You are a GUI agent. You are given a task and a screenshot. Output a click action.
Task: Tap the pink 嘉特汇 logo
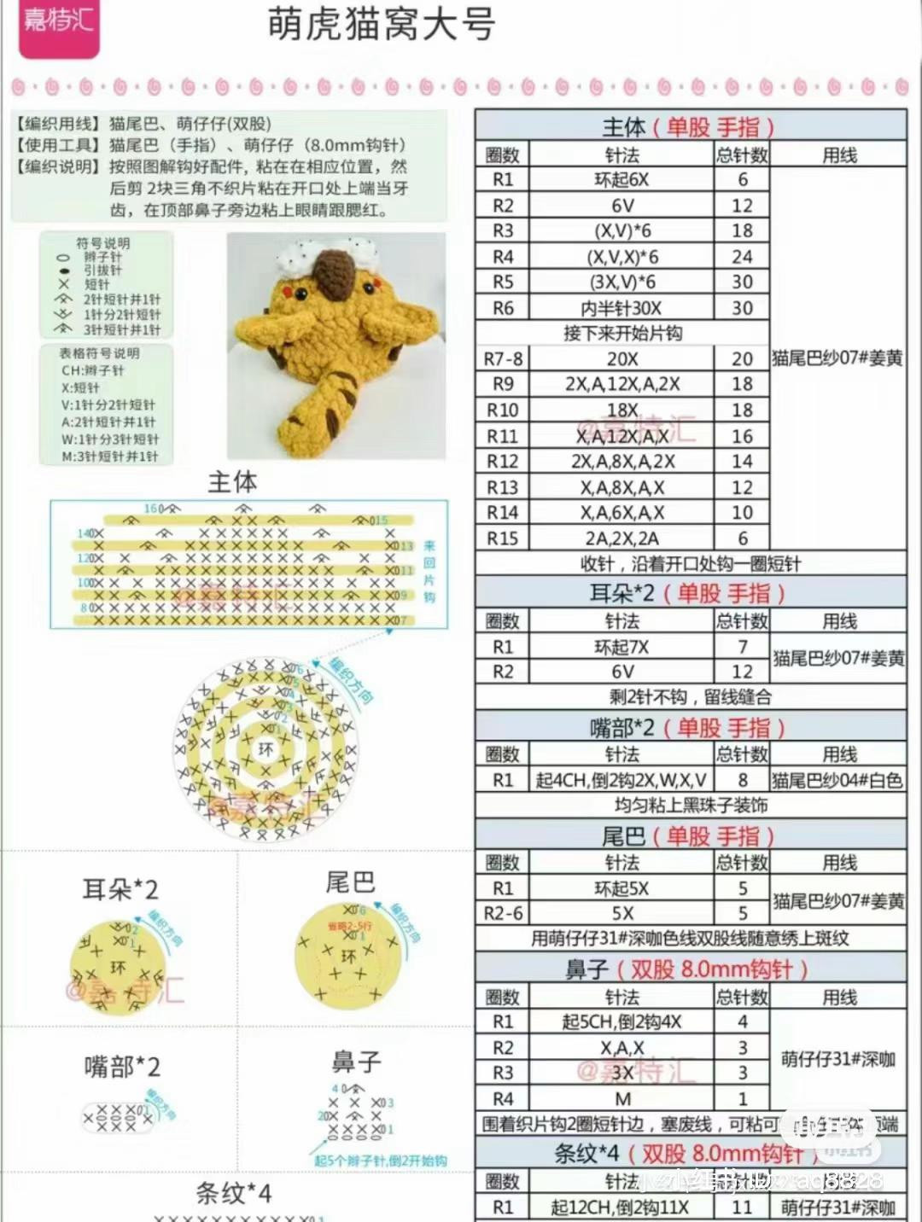click(59, 22)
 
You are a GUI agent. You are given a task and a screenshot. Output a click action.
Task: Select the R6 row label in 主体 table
click(503, 308)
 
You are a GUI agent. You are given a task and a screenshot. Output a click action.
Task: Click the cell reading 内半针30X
click(621, 308)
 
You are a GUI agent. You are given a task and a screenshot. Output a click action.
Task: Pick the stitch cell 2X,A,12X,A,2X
click(621, 384)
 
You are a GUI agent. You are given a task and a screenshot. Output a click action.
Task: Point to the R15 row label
click(503, 538)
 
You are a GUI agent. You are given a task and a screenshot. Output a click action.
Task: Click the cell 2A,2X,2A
click(621, 538)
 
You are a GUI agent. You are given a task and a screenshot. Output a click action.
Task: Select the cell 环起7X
click(621, 647)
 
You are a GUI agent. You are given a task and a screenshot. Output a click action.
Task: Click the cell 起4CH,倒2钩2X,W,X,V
click(621, 780)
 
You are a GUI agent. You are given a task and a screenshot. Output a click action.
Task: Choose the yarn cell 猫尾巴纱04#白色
click(837, 780)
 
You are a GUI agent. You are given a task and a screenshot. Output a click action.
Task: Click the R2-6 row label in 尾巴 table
click(503, 913)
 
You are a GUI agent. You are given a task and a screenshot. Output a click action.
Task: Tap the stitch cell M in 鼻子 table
click(621, 1099)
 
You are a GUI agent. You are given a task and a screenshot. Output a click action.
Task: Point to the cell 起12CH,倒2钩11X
click(620, 1207)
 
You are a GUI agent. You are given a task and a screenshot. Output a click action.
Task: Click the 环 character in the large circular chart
click(266, 748)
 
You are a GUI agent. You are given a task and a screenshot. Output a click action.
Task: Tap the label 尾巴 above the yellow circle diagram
click(350, 882)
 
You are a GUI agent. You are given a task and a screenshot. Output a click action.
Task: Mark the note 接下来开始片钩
click(622, 333)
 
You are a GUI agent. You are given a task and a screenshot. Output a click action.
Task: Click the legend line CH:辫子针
click(92, 370)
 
